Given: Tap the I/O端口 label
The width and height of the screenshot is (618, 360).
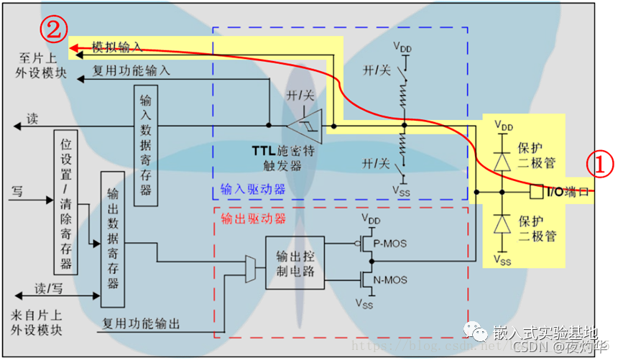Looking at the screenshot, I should tap(568, 193).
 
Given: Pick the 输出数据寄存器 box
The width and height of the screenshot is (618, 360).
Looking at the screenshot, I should tap(112, 240).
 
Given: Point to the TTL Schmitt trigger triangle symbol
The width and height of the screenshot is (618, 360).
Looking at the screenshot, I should tap(305, 127).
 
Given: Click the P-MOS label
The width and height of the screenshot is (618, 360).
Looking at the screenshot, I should tap(390, 243).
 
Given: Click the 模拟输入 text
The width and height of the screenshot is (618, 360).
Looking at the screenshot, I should tap(117, 47).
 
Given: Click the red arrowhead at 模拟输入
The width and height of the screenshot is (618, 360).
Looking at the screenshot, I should tap(74, 49).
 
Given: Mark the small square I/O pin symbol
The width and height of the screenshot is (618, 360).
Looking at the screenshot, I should tap(535, 193).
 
